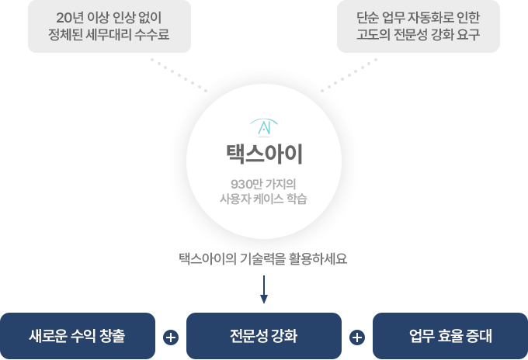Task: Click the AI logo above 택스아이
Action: click(x=264, y=126)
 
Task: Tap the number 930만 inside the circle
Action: click(x=241, y=184)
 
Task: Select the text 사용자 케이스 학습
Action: click(x=264, y=199)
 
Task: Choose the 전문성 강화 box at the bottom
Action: click(x=264, y=336)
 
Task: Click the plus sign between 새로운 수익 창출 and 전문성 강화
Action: click(x=171, y=337)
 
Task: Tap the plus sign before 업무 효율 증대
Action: click(x=357, y=337)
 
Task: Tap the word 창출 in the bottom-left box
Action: click(x=111, y=336)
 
